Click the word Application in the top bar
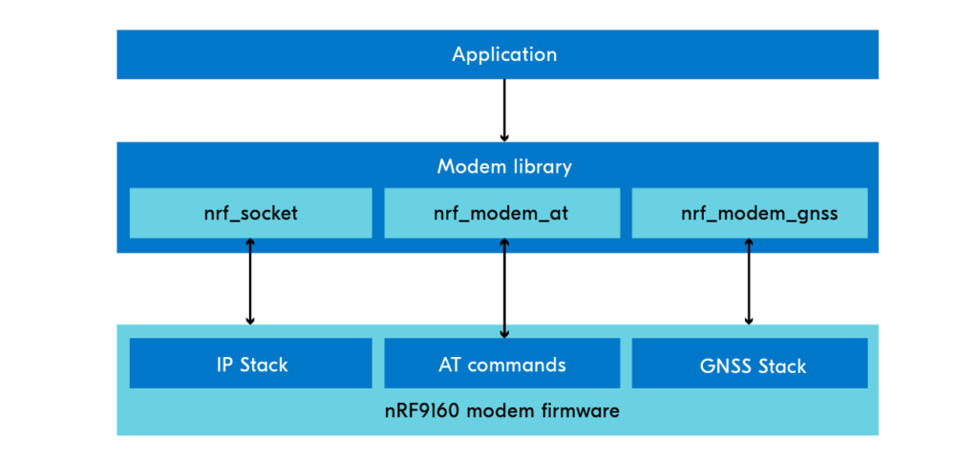tap(504, 54)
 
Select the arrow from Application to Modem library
tap(504, 111)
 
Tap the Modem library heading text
tap(504, 167)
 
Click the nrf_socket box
tap(251, 213)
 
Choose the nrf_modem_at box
tap(502, 213)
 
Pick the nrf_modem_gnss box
tap(750, 213)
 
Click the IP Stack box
tap(251, 364)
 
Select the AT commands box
tap(502, 364)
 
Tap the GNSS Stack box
tap(750, 364)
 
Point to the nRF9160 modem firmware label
tap(501, 411)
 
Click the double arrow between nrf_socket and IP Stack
tap(250, 282)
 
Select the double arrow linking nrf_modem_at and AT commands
tap(504, 288)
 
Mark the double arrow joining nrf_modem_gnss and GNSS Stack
tap(749, 282)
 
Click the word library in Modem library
tap(542, 168)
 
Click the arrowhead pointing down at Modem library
tap(504, 137)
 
